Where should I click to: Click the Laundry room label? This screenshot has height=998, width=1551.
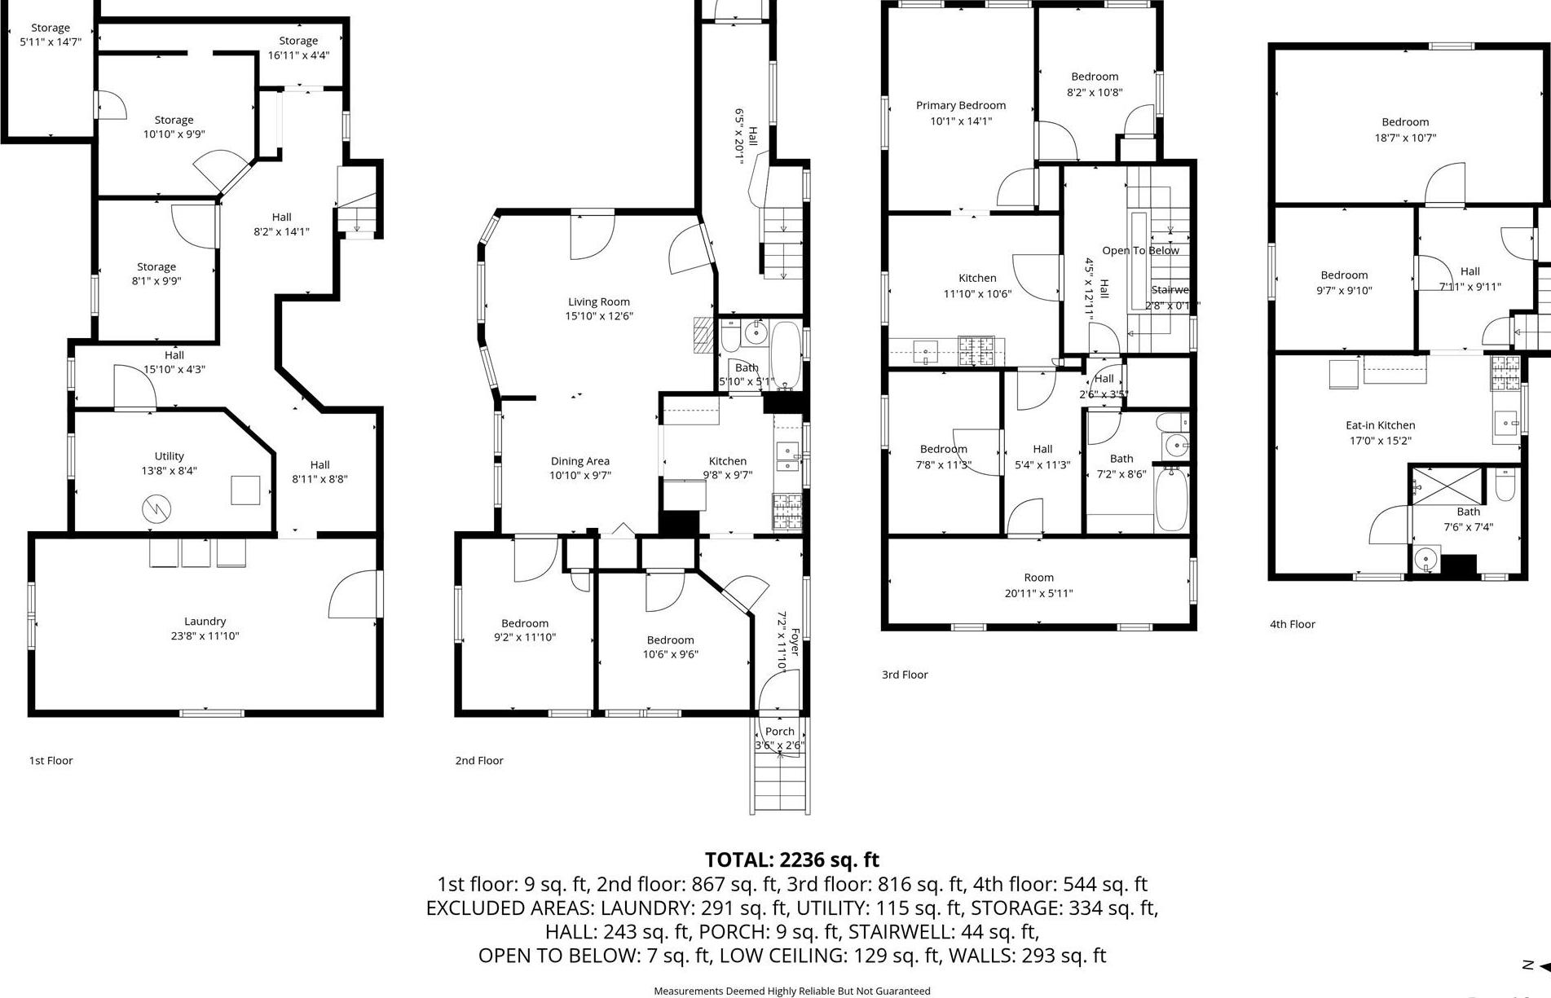(x=205, y=622)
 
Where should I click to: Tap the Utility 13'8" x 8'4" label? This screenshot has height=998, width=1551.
(x=169, y=464)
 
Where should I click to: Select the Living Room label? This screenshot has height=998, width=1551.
(x=599, y=301)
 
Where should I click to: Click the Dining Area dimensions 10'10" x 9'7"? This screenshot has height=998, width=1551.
(x=579, y=476)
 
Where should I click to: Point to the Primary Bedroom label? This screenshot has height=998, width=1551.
(x=961, y=106)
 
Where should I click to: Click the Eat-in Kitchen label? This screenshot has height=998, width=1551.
(x=1380, y=425)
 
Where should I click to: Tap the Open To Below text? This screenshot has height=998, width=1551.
(x=1140, y=251)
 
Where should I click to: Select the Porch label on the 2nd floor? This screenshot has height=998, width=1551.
(x=779, y=732)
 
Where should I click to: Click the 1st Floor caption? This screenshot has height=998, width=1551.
(x=51, y=761)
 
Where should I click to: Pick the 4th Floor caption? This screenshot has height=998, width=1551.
(x=1293, y=625)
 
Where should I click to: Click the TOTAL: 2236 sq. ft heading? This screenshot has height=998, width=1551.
(x=791, y=860)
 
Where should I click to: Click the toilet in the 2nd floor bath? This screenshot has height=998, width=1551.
(x=730, y=334)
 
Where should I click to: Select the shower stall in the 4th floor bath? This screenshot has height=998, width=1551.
(x=1446, y=486)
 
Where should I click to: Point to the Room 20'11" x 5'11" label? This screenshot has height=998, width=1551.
(x=1038, y=586)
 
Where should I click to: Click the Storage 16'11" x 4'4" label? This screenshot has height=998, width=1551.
(x=298, y=48)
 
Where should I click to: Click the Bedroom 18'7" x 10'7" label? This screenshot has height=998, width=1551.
(x=1405, y=130)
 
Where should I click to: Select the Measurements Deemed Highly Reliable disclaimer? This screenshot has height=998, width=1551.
(x=791, y=991)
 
